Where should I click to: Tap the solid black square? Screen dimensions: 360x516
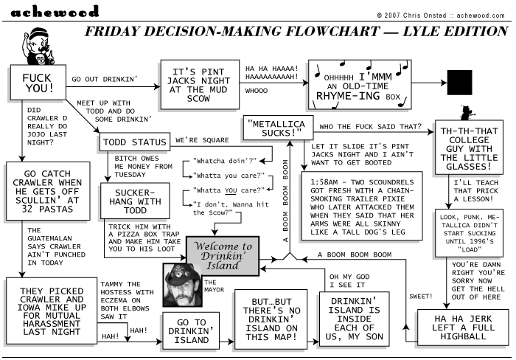(459, 83)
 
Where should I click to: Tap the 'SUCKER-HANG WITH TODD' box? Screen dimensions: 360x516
(135, 198)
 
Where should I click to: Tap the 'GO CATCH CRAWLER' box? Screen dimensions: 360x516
(49, 191)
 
